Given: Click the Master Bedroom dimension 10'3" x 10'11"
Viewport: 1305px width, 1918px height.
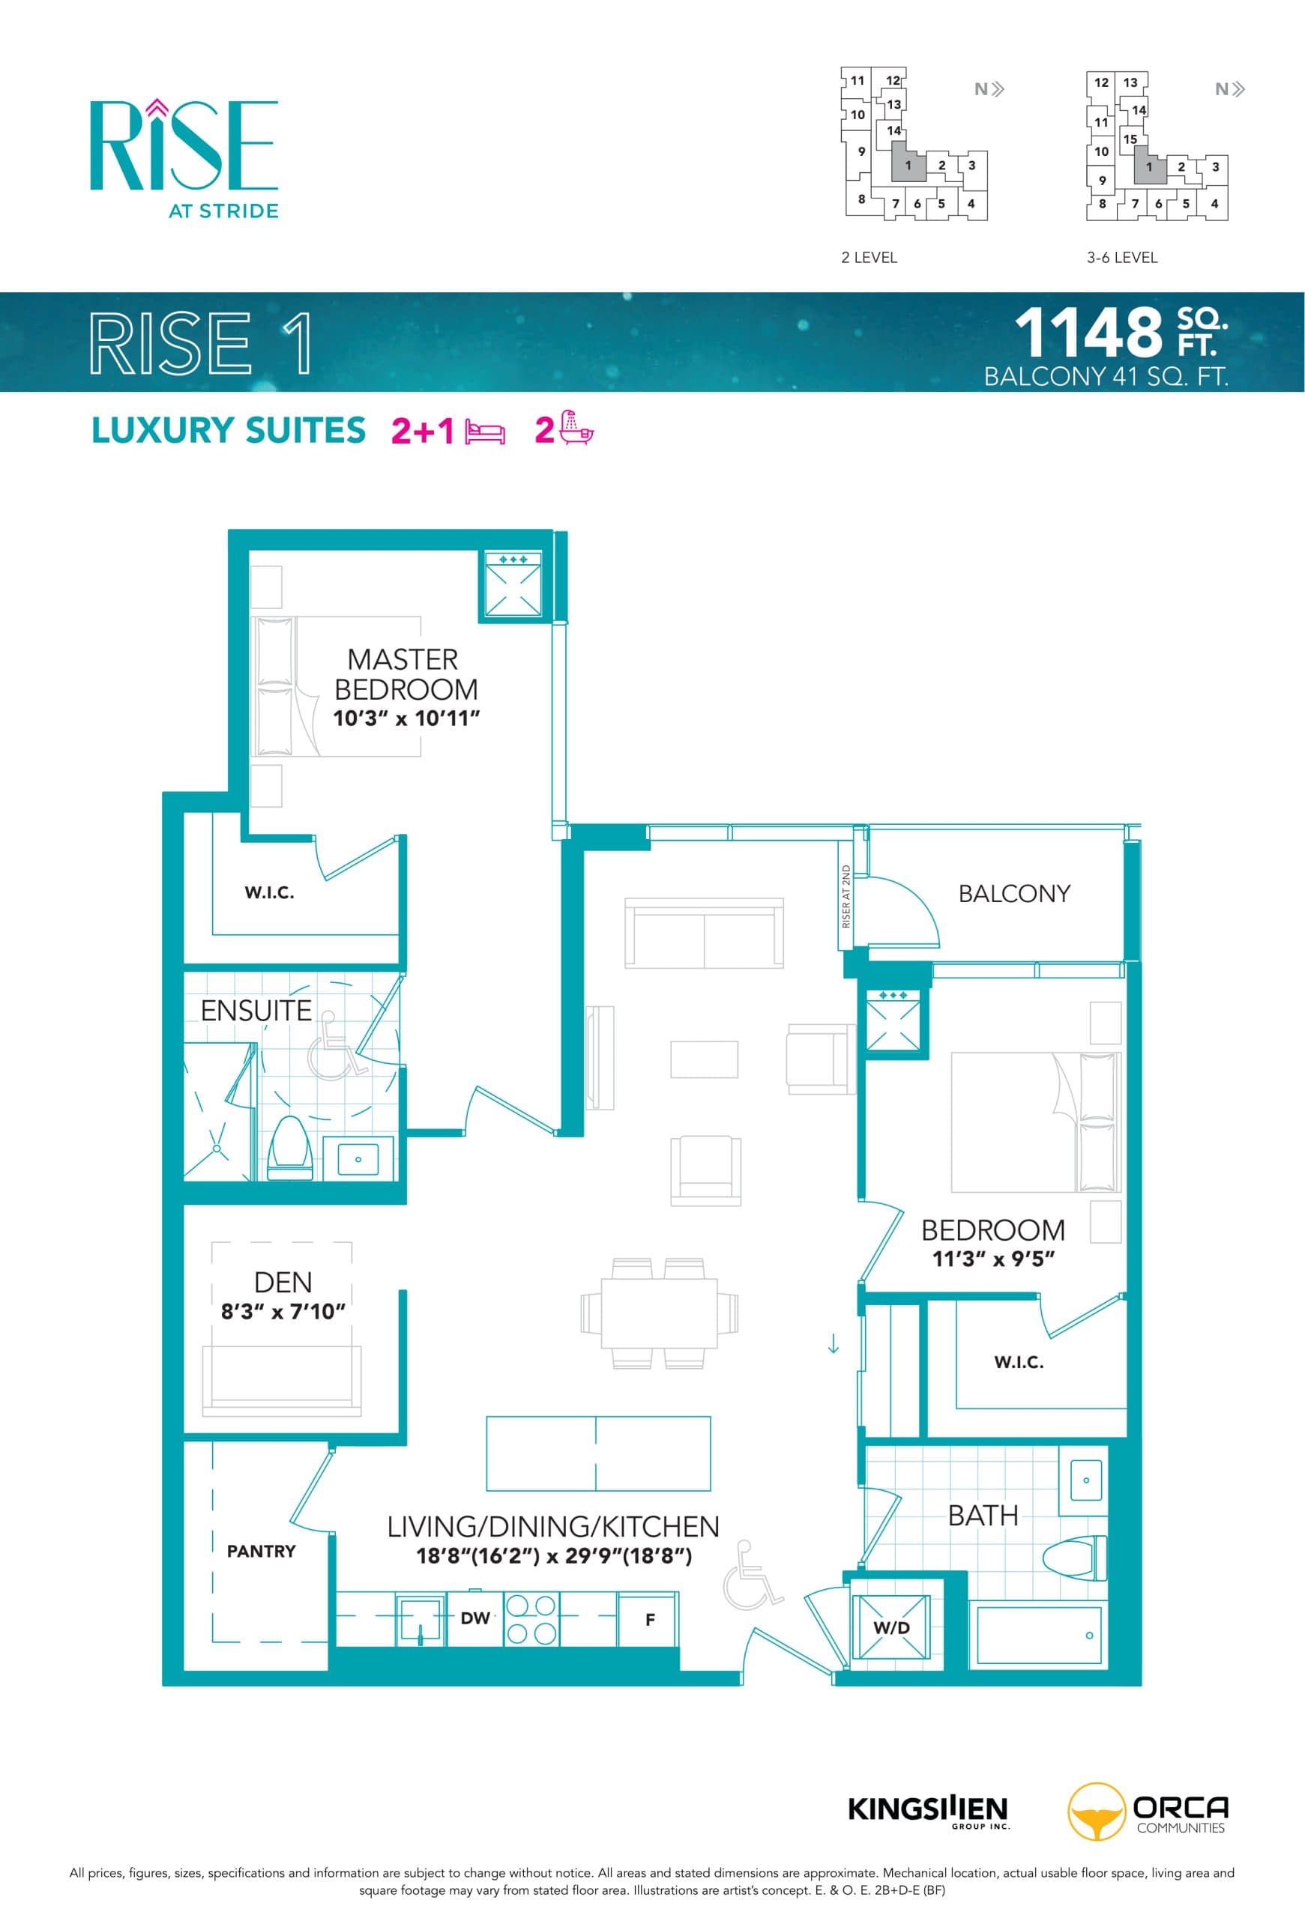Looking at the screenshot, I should click(406, 718).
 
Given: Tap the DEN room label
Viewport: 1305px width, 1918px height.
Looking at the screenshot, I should click(283, 1283).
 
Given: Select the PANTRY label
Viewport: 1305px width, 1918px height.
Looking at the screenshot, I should click(261, 1551).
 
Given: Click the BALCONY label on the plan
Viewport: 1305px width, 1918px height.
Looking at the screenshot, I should click(1013, 893).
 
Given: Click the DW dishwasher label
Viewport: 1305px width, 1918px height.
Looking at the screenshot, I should click(474, 1618).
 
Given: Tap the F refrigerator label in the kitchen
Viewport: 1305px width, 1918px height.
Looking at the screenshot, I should click(650, 1619).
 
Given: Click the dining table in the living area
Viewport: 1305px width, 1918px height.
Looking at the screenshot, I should click(659, 1312).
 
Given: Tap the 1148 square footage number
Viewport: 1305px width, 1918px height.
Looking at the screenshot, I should click(1088, 333).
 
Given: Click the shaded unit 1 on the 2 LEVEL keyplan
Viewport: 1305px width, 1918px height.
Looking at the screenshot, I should click(907, 165).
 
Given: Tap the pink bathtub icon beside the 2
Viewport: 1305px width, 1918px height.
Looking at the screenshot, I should click(576, 429).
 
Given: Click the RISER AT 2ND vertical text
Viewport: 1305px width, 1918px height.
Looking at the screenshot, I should click(846, 895).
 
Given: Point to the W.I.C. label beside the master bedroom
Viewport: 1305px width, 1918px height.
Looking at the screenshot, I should click(269, 892).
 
